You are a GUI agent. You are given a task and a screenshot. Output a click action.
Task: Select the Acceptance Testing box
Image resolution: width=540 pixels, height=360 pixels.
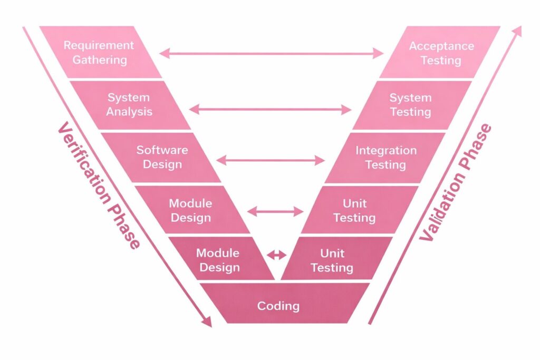pyautogui.click(x=440, y=52)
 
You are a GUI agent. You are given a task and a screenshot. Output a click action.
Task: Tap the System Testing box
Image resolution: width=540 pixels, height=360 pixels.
pyautogui.click(x=410, y=104)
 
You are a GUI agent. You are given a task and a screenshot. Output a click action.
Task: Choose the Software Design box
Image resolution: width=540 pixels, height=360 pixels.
pyautogui.click(x=161, y=157)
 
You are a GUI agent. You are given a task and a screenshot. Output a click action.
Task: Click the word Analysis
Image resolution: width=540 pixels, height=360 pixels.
pyautogui.click(x=129, y=112)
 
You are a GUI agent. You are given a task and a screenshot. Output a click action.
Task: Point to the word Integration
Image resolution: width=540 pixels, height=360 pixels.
pyautogui.click(x=386, y=150)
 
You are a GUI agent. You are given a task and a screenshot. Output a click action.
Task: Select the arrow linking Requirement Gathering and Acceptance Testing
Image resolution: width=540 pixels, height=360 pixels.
pyautogui.click(x=271, y=53)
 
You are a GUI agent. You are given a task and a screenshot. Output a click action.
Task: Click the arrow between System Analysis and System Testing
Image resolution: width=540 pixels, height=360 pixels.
pyautogui.click(x=269, y=110)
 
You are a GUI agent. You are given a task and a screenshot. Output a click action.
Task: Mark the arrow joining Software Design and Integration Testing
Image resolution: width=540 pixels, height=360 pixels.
pyautogui.click(x=271, y=160)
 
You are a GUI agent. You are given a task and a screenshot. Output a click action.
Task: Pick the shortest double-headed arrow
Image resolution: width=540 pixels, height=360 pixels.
pyautogui.click(x=276, y=255)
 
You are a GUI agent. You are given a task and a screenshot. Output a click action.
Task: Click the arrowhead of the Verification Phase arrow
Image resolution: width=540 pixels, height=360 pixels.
pyautogui.click(x=207, y=321)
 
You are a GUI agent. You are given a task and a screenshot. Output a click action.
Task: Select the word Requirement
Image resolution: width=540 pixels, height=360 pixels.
pyautogui.click(x=99, y=45)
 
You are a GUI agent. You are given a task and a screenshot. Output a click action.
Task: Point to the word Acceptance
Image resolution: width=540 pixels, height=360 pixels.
pyautogui.click(x=441, y=46)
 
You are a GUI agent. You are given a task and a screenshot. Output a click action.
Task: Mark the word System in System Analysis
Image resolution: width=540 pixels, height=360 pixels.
pyautogui.click(x=129, y=98)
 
